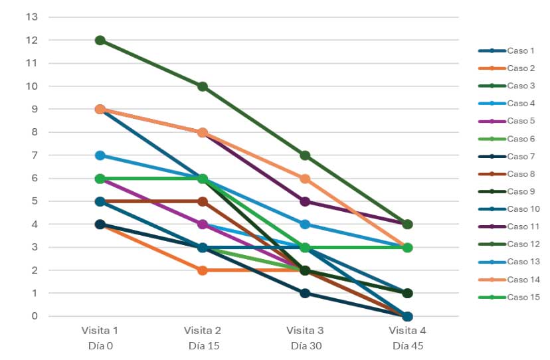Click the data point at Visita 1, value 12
point(100,41)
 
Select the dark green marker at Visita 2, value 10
point(203,86)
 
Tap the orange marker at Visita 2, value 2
point(203,270)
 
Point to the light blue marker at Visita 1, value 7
point(100,155)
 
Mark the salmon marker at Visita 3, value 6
point(305,179)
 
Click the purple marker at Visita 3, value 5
point(305,201)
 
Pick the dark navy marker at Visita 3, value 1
point(305,293)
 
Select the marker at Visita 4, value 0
point(407,316)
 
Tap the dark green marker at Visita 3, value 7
point(305,155)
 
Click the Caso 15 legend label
point(523,297)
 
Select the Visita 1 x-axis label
point(100,330)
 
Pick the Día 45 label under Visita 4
point(407,345)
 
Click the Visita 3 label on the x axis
point(305,330)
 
